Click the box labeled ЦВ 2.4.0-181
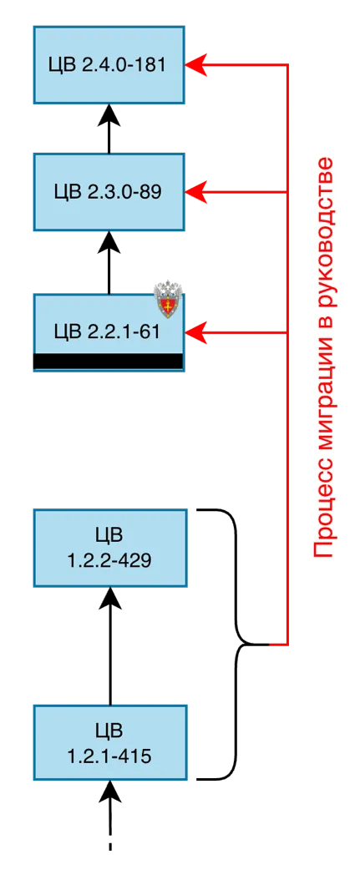[x=109, y=64]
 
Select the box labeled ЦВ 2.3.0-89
[x=109, y=192]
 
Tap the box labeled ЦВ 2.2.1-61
[x=109, y=331]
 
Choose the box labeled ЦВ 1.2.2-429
[x=109, y=548]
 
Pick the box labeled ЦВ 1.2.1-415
[x=109, y=742]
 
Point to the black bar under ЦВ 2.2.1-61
[x=109, y=362]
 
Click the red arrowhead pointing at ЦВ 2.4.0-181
[x=195, y=64]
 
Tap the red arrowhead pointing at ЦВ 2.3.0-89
[x=195, y=193]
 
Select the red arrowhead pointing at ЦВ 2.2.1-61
[x=195, y=333]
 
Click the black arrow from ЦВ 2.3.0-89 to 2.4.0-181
[x=109, y=129]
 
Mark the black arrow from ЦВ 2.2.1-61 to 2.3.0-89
[x=109, y=262]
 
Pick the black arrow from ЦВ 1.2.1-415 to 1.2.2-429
[x=109, y=646]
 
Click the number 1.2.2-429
[x=109, y=560]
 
